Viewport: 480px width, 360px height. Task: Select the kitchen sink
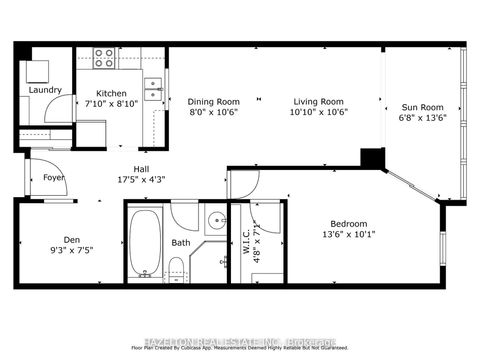coord(152,90)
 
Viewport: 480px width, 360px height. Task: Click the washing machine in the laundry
coord(36,71)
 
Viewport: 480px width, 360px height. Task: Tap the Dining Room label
coord(214,101)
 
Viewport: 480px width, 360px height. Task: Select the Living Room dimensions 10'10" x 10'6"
coord(319,112)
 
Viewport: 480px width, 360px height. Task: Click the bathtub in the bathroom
coord(146,242)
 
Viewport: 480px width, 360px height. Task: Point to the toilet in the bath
coord(176,268)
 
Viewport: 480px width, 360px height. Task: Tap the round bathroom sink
coord(215,221)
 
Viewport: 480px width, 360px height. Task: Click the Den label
coord(71,239)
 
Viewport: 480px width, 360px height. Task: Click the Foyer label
coord(53,177)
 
